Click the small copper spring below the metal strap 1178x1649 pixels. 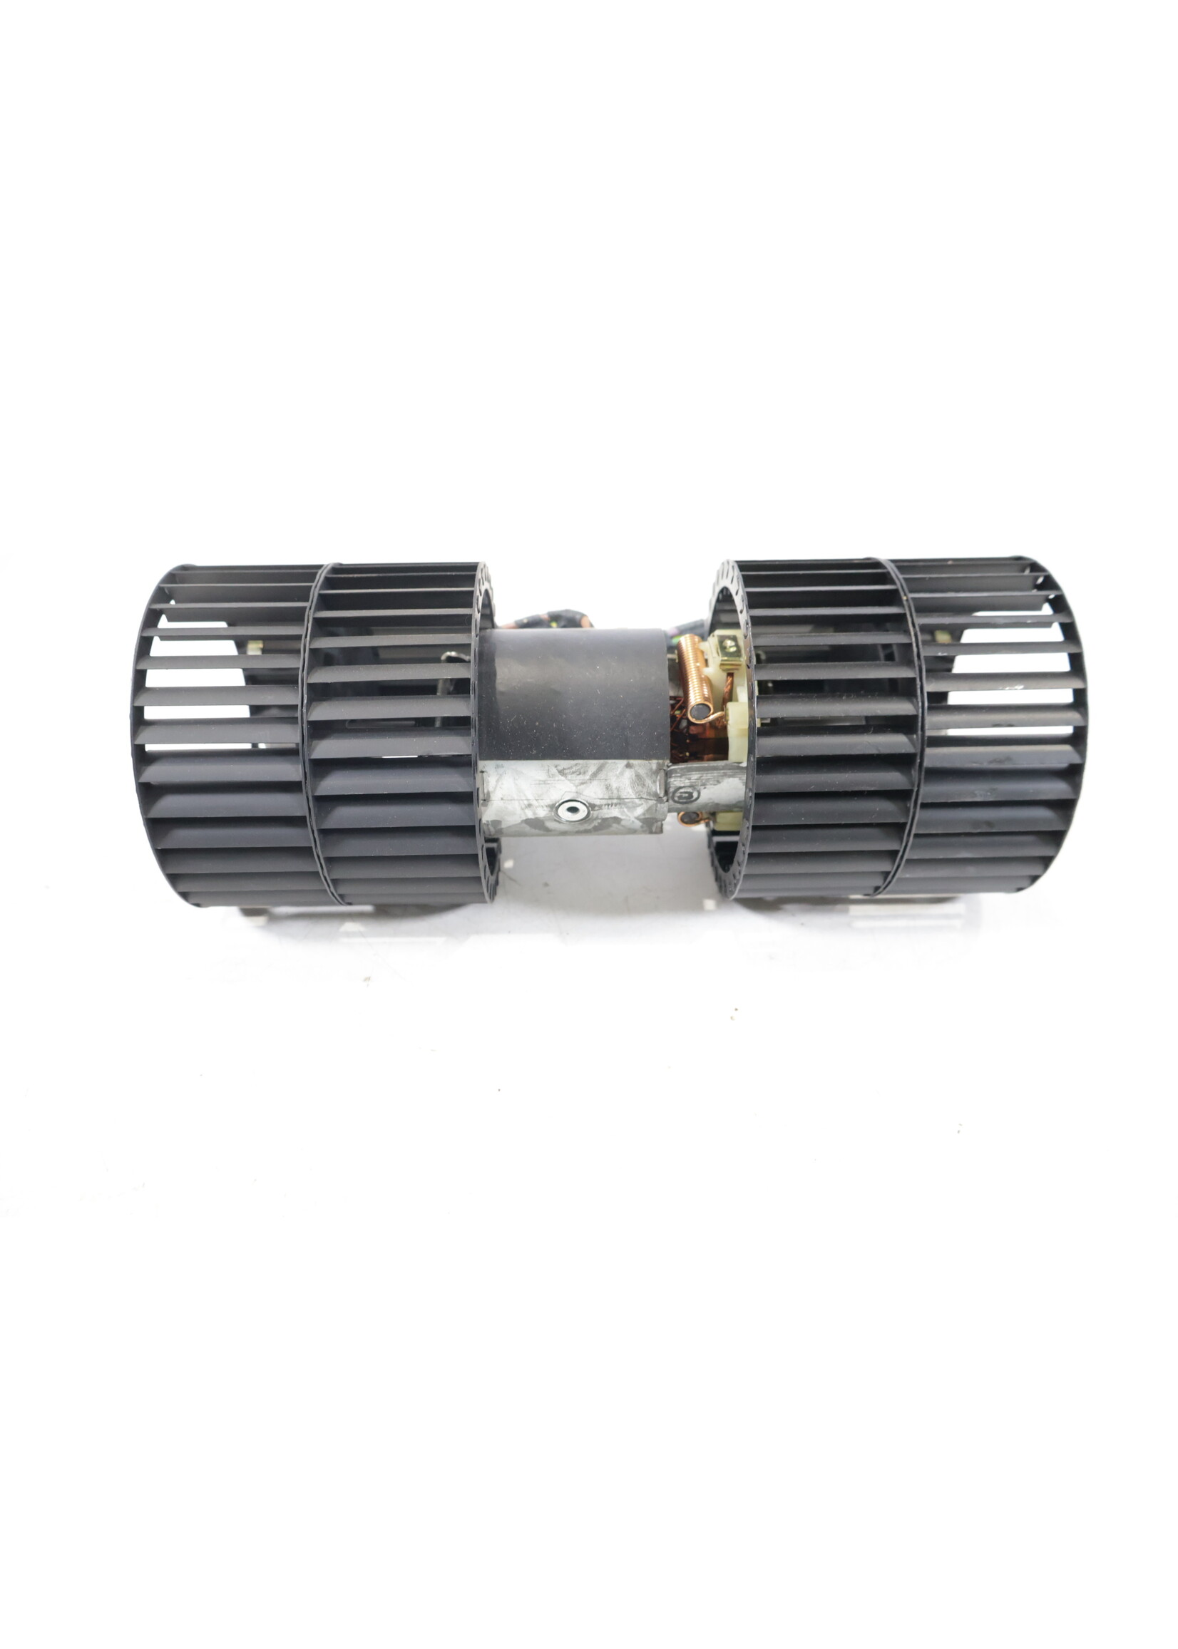coord(693,818)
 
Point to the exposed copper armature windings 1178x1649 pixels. coord(682,747)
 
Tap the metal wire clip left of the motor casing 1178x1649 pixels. coord(454,657)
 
